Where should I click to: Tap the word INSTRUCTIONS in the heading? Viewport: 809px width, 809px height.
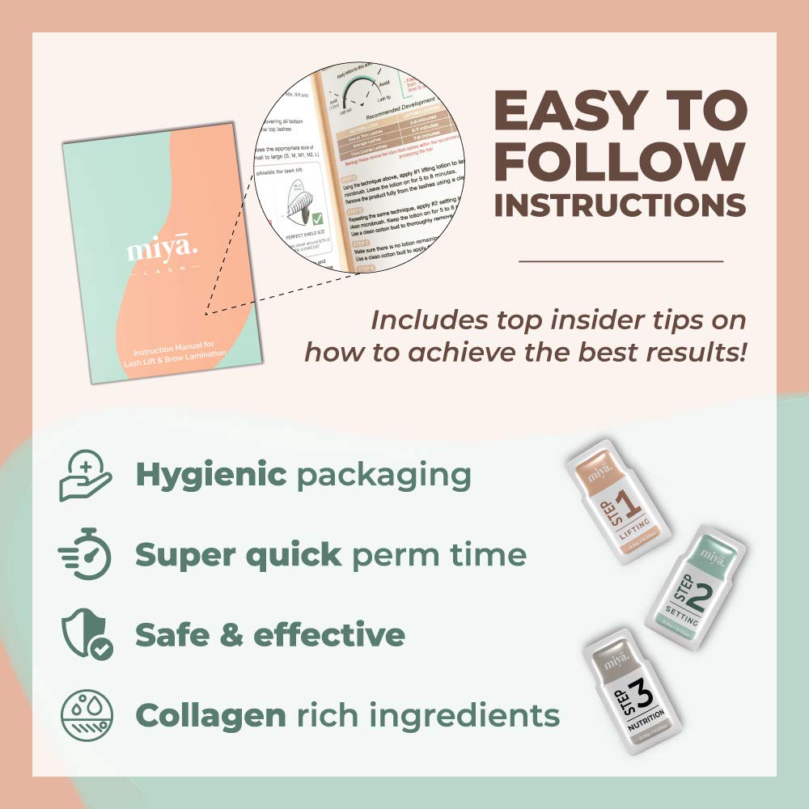coord(620,205)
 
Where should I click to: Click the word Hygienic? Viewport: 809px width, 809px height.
coord(210,475)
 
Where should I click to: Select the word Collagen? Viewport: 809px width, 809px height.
coord(210,715)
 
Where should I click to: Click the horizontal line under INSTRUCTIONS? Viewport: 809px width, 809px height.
coord(621,261)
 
